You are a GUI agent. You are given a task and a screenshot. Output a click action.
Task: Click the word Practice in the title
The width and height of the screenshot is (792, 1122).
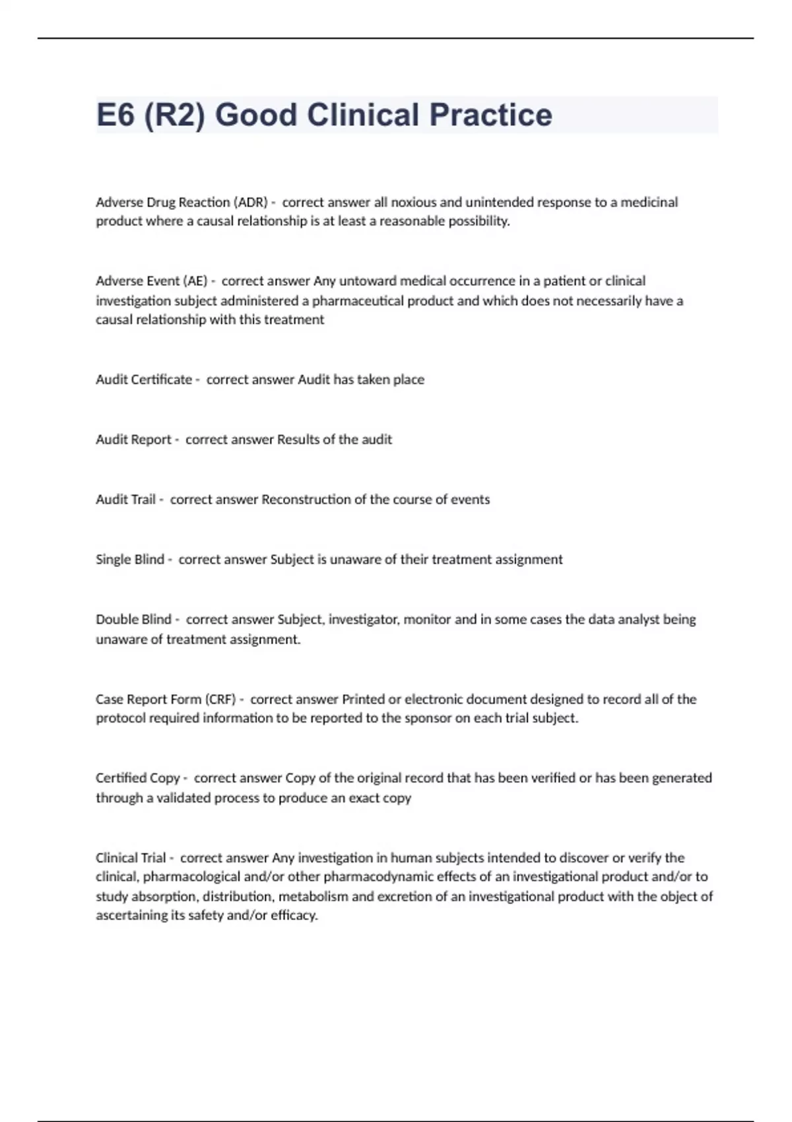[x=490, y=115]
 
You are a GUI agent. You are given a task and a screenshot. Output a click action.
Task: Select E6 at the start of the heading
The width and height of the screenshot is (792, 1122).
[x=115, y=115]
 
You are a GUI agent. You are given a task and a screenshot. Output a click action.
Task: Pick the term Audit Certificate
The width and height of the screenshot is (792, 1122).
[x=144, y=379]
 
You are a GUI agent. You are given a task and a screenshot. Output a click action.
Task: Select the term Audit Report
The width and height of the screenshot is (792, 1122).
[x=133, y=440]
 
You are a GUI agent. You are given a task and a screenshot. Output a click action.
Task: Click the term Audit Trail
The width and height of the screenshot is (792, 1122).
[x=125, y=500]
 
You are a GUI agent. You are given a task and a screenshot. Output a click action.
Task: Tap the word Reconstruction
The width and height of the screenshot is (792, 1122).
[x=306, y=500]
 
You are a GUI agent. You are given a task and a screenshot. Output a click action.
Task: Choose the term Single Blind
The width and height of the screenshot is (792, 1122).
[x=130, y=560]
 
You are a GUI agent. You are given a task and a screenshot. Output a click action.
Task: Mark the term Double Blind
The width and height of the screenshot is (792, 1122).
[x=133, y=620]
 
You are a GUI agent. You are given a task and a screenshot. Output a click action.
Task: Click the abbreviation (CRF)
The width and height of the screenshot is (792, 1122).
[x=220, y=699]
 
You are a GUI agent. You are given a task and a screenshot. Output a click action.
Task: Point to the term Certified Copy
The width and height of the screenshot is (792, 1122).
[x=138, y=778]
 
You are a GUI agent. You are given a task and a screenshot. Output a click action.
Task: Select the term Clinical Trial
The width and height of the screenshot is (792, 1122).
[x=131, y=858]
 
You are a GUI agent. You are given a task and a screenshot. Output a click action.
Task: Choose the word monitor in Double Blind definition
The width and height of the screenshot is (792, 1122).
[x=427, y=620]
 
